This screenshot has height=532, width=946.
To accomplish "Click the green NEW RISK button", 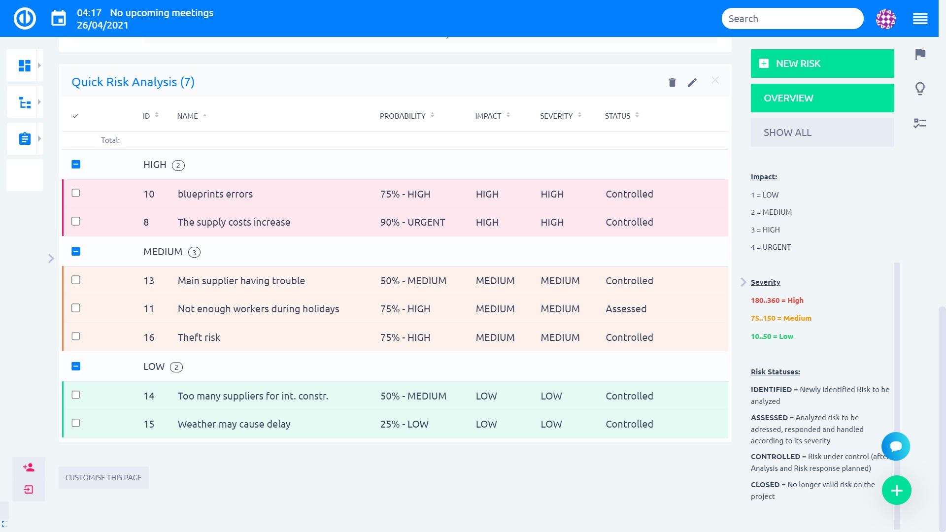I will pyautogui.click(x=822, y=64).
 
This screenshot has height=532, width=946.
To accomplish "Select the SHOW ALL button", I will pyautogui.click(x=822, y=133).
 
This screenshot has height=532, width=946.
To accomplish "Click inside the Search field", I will pyautogui.click(x=792, y=19).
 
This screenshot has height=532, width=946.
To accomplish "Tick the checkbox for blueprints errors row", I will pyautogui.click(x=76, y=193).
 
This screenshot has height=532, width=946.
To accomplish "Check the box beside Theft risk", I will pyautogui.click(x=76, y=336).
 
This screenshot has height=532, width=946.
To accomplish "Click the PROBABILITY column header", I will pyautogui.click(x=403, y=116).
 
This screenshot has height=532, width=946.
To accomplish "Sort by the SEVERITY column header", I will pyautogui.click(x=556, y=116).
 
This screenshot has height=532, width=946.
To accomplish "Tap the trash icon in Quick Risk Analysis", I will pyautogui.click(x=672, y=82).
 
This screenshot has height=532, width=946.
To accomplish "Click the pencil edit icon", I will pyautogui.click(x=692, y=82).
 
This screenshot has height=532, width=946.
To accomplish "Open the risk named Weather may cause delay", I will pyautogui.click(x=234, y=424).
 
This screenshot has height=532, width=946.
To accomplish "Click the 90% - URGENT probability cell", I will pyautogui.click(x=412, y=222).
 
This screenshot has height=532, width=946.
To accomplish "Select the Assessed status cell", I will pyautogui.click(x=626, y=309).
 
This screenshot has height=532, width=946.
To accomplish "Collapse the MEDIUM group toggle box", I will pyautogui.click(x=76, y=252).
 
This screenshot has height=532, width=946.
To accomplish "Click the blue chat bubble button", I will pyautogui.click(x=895, y=446).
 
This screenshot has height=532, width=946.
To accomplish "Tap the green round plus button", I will pyautogui.click(x=896, y=490).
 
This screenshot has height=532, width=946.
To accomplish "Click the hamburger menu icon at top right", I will pyautogui.click(x=920, y=19).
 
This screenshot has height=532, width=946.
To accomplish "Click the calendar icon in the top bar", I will pyautogui.click(x=59, y=19).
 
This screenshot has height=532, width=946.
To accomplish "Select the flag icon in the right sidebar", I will pyautogui.click(x=920, y=54).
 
